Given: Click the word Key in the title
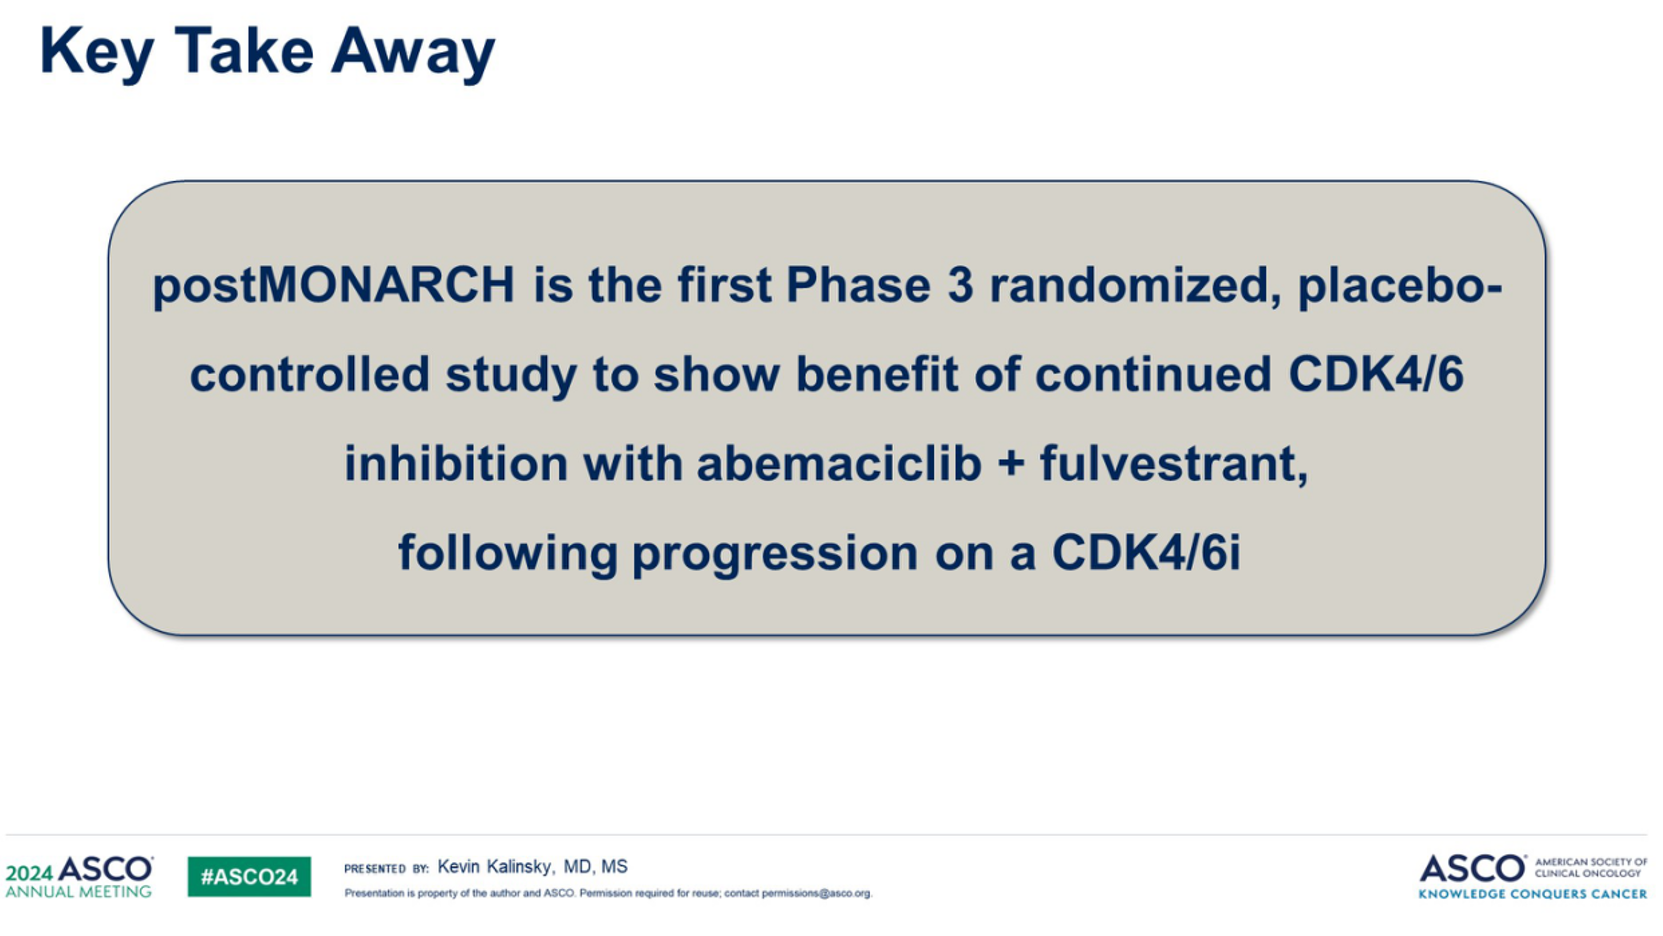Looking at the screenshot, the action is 97,53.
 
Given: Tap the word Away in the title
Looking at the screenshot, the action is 413,53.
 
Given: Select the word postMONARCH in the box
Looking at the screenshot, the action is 333,287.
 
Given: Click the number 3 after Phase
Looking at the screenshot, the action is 960,285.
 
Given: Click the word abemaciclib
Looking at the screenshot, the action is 839,463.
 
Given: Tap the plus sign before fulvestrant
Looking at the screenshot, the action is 1010,465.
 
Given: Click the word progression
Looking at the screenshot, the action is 774,554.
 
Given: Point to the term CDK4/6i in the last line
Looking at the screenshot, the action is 1146,552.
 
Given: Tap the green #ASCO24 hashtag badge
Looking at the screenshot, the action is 249,877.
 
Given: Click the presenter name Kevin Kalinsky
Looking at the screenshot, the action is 495,866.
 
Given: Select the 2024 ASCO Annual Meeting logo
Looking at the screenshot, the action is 79,877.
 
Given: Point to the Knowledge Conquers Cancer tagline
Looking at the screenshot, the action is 1532,894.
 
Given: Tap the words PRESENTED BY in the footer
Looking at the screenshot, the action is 387,868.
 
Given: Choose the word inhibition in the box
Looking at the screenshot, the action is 456,463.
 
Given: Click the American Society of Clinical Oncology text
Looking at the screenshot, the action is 1591,868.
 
